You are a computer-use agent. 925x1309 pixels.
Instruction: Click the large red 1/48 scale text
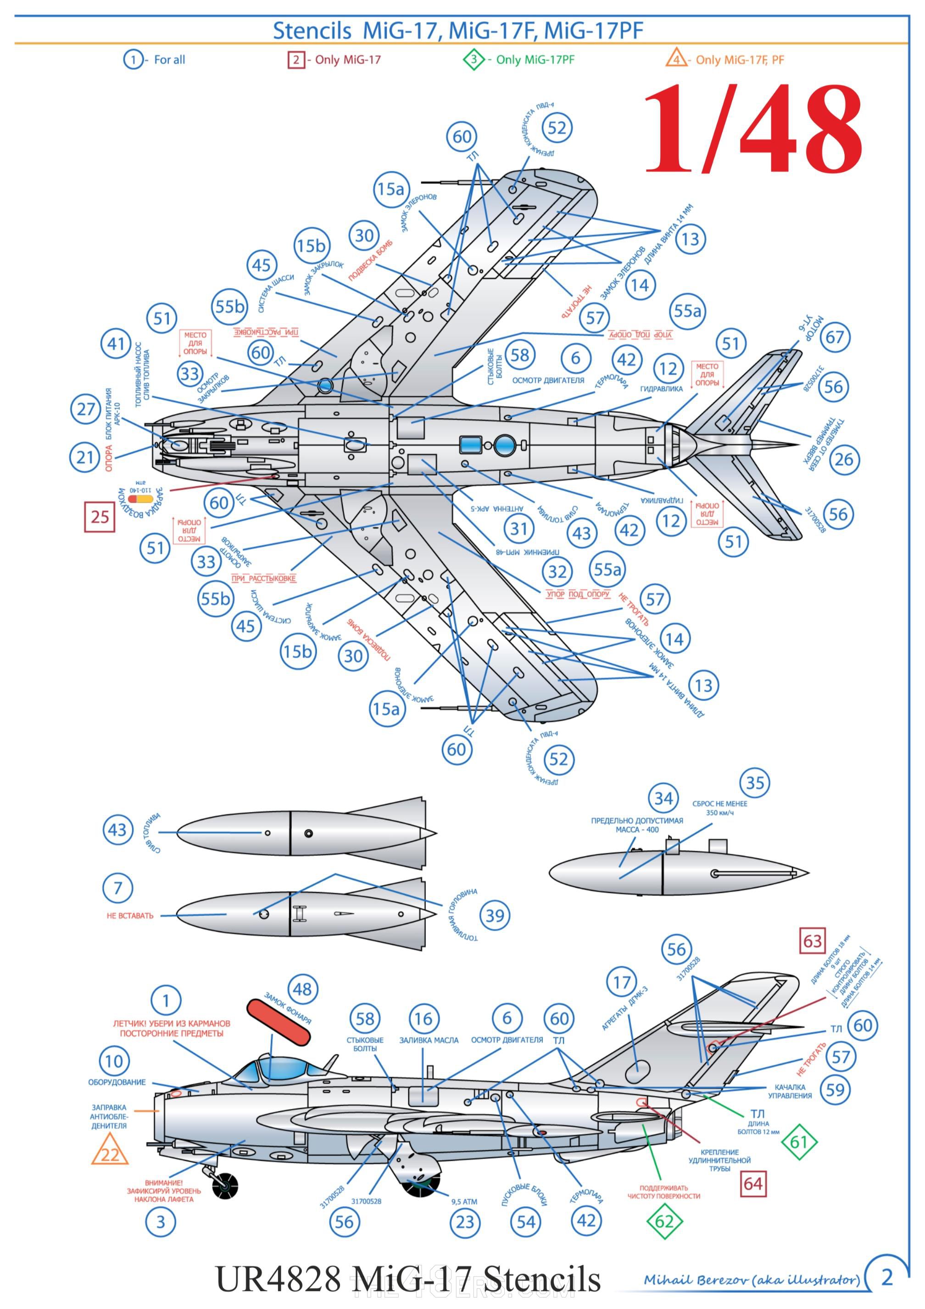(752, 130)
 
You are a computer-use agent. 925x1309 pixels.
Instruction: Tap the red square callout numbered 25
(100, 516)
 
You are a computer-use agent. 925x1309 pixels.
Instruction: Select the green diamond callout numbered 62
(664, 1221)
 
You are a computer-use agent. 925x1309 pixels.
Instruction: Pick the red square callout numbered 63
(813, 941)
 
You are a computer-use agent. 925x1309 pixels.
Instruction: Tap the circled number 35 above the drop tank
(755, 783)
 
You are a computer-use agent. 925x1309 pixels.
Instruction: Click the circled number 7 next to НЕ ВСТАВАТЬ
(118, 888)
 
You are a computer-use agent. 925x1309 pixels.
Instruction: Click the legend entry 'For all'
(155, 59)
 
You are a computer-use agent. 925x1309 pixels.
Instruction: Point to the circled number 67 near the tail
(835, 337)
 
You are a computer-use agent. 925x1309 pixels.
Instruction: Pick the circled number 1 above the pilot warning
(166, 1001)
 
